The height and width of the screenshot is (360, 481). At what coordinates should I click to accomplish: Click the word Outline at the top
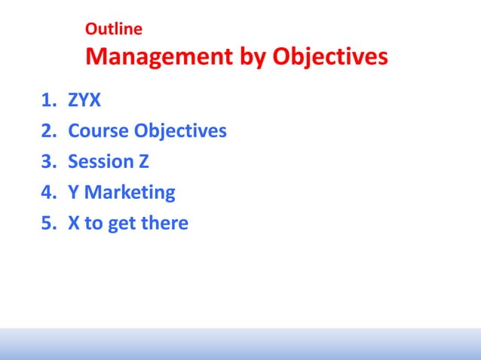pos(114,30)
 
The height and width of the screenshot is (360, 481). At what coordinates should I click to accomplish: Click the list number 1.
pos(47,100)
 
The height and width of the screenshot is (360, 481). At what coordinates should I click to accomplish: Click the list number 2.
pos(47,131)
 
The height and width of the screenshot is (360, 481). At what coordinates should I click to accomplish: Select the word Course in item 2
pos(98,131)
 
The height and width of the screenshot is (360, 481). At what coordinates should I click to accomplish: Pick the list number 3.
pos(47,162)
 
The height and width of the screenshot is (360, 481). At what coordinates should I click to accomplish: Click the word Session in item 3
pos(101,162)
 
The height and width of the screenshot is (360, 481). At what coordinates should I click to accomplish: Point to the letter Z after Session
pos(143,162)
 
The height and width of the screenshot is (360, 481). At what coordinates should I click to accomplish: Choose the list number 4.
pos(47,193)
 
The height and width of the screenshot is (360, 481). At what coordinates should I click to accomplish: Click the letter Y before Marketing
pos(73,193)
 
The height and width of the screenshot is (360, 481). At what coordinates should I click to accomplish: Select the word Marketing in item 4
pos(130,193)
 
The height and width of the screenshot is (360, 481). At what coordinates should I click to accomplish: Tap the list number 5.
pos(47,224)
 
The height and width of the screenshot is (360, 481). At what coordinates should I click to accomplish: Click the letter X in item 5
pos(74,224)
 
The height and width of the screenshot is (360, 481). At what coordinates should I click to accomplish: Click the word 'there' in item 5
pos(165,224)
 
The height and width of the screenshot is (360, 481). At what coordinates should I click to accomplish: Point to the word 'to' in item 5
pos(93,224)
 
